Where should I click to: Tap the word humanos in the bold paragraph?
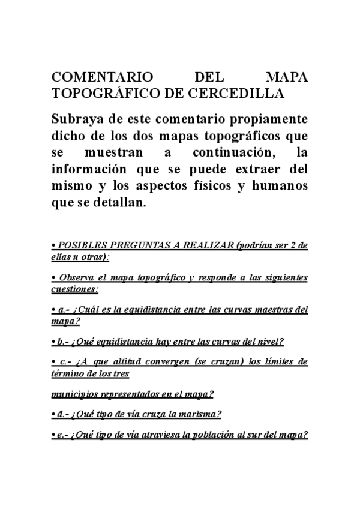coord(280,185)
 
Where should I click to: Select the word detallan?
coord(117,202)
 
